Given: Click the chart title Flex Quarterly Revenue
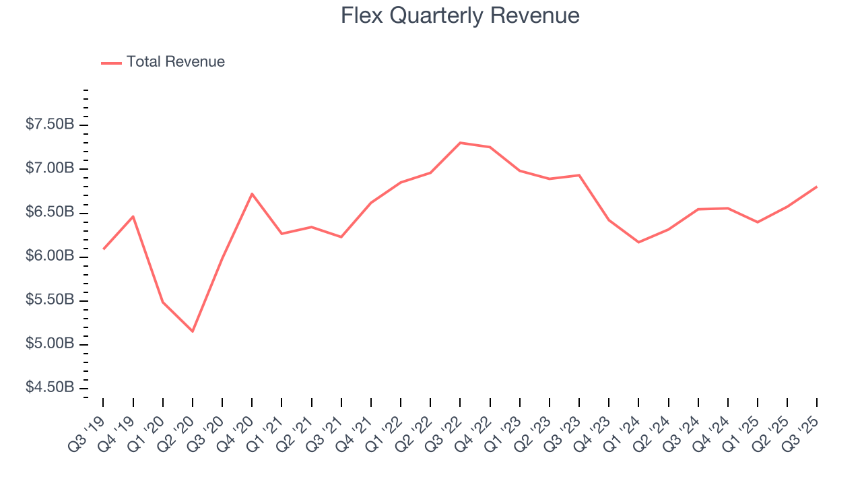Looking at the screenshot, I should (460, 15).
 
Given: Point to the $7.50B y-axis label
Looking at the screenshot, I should (49, 125).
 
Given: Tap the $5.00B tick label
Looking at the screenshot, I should (49, 344).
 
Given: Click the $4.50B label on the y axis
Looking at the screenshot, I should (49, 388).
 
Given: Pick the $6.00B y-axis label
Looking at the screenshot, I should (49, 257).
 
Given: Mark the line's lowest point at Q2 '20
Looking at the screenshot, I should (193, 331).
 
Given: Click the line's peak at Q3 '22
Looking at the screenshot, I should (460, 143).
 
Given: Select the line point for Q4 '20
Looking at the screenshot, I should (252, 194).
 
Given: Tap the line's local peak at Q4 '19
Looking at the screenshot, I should (133, 216).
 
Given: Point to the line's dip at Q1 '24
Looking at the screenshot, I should (638, 242).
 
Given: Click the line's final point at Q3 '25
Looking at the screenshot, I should (817, 187).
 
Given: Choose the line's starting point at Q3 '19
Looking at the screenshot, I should (104, 249).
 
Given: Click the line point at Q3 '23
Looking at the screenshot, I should (579, 175).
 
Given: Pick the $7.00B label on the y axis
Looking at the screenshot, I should (49, 168).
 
